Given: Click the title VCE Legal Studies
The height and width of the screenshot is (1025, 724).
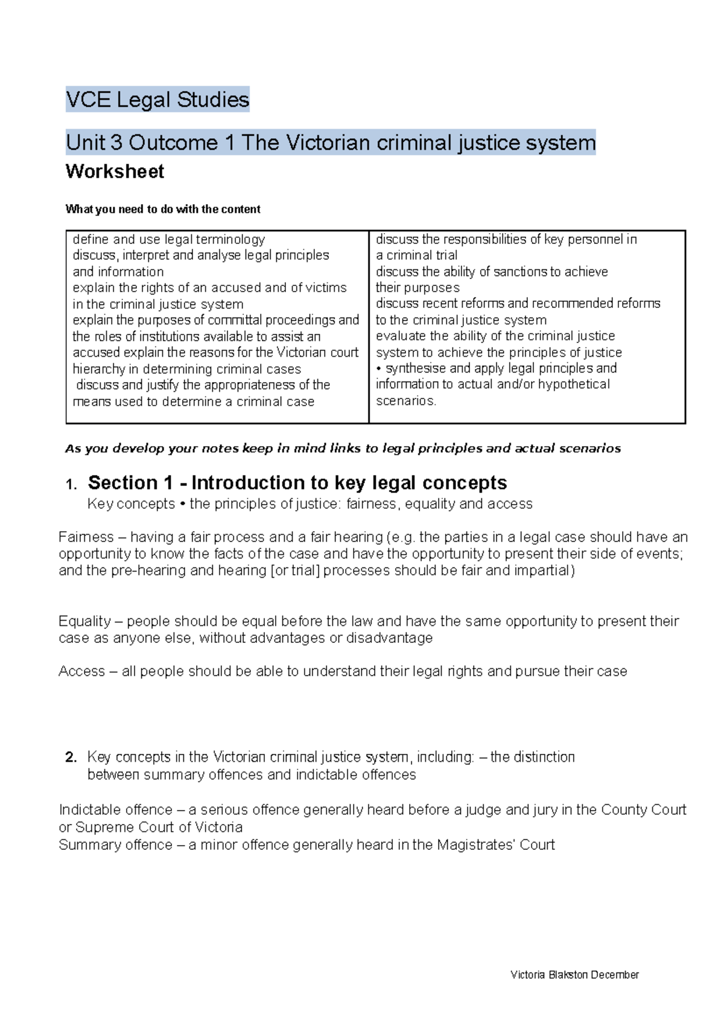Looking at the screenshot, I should point(157,100).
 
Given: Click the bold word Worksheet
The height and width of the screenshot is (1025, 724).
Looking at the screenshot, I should point(115,171).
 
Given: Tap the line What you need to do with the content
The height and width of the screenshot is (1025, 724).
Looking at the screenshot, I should point(163,209).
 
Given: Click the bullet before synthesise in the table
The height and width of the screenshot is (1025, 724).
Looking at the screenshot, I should point(379,369).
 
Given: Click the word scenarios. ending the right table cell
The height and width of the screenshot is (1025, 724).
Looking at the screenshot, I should point(405,401).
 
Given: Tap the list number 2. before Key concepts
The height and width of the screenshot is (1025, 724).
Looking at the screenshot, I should point(71,758).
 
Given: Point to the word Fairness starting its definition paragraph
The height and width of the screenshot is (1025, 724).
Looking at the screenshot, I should point(86,537).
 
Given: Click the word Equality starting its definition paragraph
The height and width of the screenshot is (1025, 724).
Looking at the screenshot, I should point(85,622).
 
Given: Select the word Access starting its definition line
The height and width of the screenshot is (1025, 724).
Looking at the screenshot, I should point(81,671).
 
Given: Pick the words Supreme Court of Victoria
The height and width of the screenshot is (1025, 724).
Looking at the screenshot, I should point(159,828).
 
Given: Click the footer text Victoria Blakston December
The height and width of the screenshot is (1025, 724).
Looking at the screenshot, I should point(574,975).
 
